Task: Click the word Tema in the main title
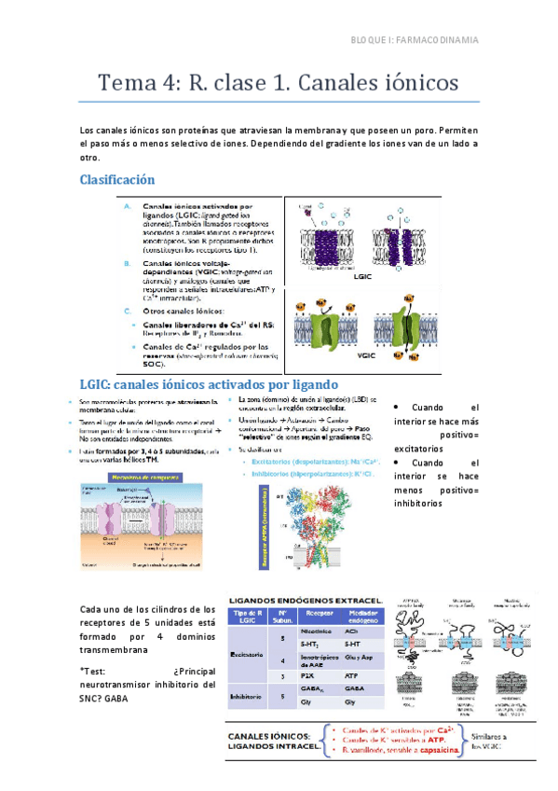click(x=129, y=83)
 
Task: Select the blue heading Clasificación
click(x=116, y=179)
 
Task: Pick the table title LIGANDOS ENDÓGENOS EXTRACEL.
click(x=306, y=598)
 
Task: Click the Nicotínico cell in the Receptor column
click(x=314, y=631)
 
